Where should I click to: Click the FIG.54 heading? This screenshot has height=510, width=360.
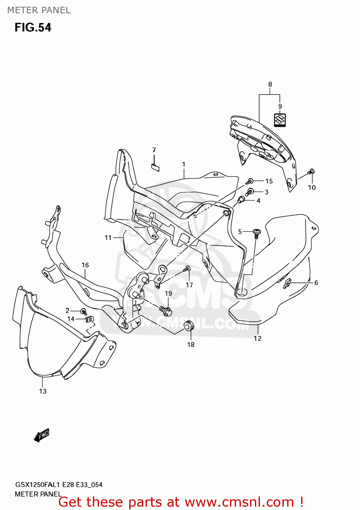click(x=33, y=28)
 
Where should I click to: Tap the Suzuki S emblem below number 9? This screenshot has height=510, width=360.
click(x=280, y=120)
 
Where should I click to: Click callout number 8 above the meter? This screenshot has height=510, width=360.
click(x=270, y=84)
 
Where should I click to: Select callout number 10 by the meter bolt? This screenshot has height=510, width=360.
click(x=312, y=187)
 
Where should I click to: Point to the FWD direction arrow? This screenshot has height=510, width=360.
click(x=42, y=435)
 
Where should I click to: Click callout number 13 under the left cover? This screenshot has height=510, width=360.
click(x=43, y=391)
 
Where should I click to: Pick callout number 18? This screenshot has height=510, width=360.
click(x=191, y=345)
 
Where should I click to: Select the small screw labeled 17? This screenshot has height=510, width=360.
click(x=187, y=269)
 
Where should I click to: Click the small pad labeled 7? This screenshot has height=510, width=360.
click(x=155, y=167)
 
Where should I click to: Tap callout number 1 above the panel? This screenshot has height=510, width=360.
click(x=184, y=165)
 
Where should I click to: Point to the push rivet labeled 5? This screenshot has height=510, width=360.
click(x=257, y=233)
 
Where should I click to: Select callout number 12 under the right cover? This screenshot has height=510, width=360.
click(x=258, y=338)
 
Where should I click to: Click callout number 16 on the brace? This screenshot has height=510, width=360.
click(x=85, y=265)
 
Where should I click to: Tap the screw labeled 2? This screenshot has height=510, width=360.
click(x=83, y=311)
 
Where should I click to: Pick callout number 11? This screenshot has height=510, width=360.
click(x=108, y=238)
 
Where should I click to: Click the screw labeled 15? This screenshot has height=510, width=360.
click(x=250, y=181)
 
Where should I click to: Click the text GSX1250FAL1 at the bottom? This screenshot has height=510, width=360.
click(x=38, y=485)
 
